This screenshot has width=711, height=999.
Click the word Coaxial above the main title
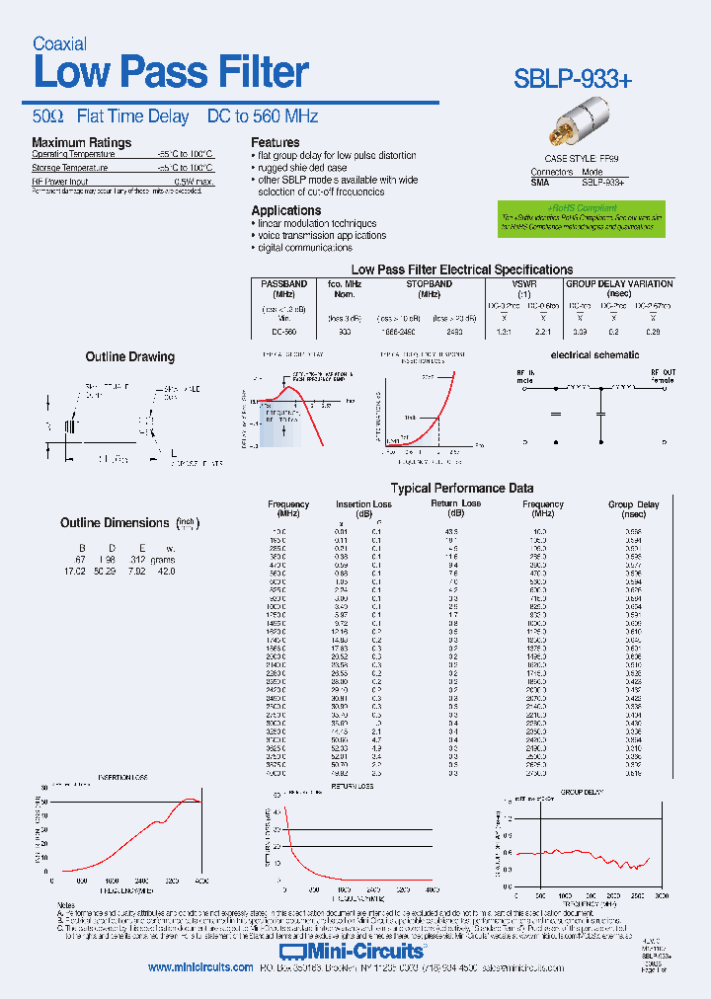[59, 43]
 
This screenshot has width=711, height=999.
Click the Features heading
[276, 142]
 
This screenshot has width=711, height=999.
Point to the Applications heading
[286, 210]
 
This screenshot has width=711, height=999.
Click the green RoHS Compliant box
[580, 219]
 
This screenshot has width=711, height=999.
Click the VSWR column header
[523, 283]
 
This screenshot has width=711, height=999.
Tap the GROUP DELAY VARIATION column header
[618, 283]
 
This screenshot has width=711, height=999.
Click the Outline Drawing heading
[129, 357]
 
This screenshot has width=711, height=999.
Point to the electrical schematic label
[595, 354]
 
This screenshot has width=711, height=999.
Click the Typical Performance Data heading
[462, 488]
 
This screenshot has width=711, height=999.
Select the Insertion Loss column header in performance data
[363, 504]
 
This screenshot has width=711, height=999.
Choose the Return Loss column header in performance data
[455, 504]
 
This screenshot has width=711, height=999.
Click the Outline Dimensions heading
[115, 523]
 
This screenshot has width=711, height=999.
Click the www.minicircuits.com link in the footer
[200, 968]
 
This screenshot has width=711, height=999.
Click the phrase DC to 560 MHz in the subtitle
[263, 116]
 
